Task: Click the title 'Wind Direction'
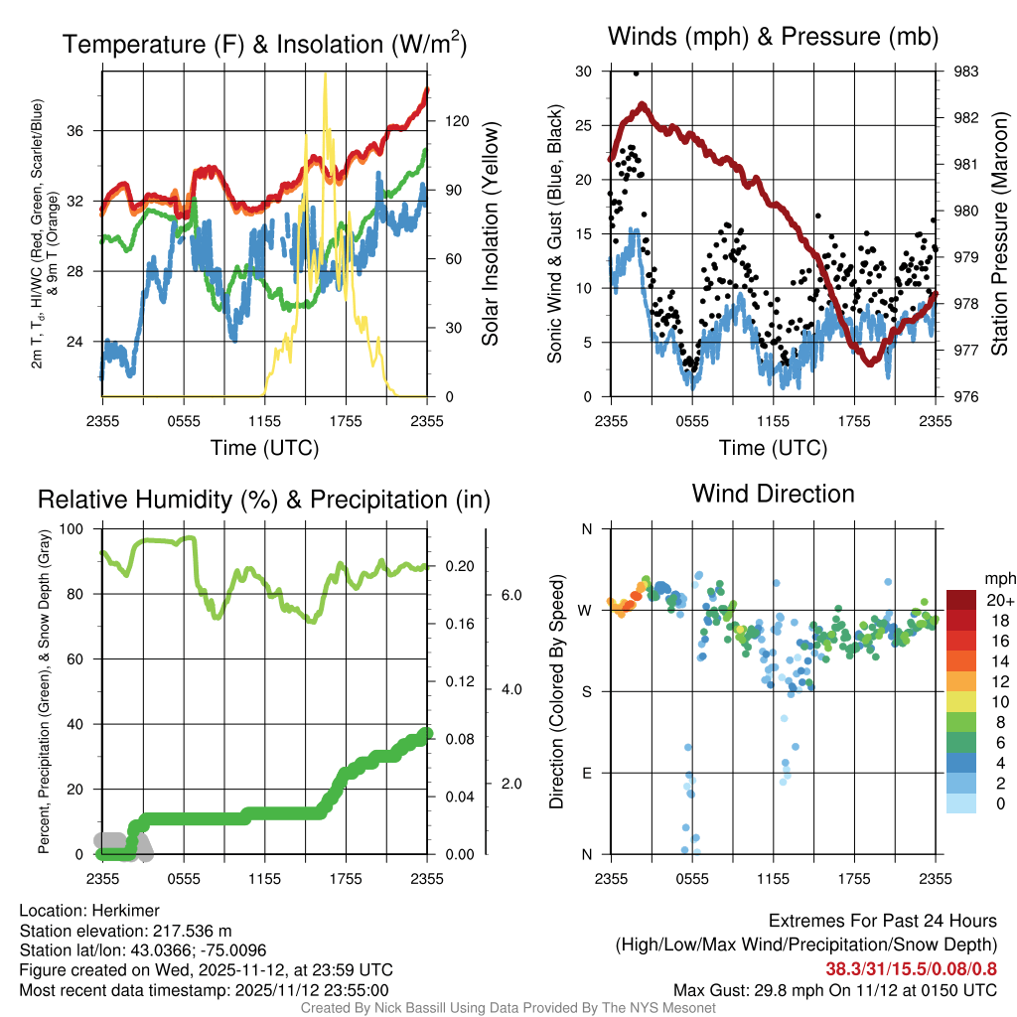(x=773, y=494)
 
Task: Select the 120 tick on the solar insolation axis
(x=457, y=121)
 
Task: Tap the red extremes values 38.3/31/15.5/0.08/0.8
(x=911, y=969)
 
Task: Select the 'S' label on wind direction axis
(x=587, y=691)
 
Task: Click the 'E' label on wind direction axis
(x=587, y=773)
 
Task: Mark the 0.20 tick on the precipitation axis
(x=460, y=567)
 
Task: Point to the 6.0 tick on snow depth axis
(x=510, y=595)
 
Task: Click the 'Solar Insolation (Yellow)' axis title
(x=490, y=234)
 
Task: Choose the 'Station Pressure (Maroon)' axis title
(x=999, y=234)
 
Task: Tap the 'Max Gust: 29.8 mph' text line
(x=834, y=990)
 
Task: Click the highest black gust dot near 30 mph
(x=636, y=73)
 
